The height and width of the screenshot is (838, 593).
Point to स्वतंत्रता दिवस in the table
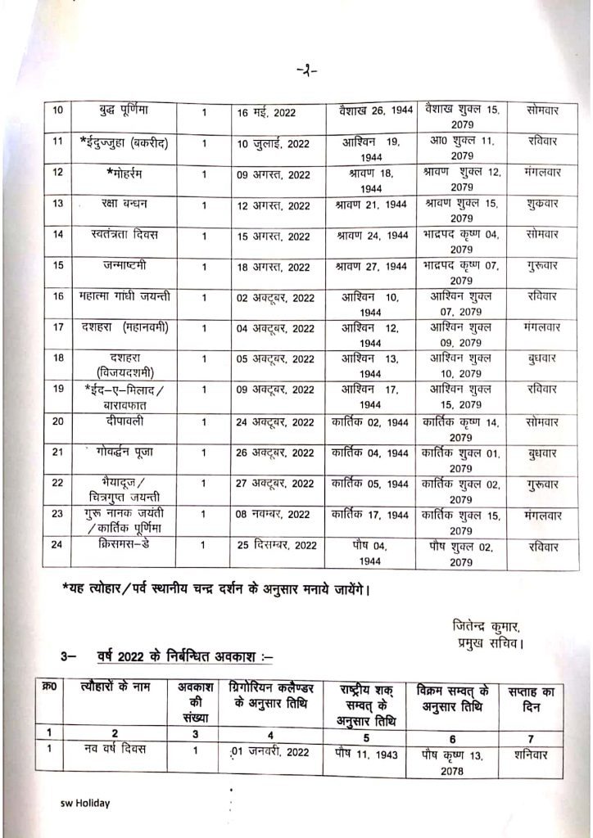point(125,234)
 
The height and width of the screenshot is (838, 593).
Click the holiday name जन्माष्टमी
point(125,265)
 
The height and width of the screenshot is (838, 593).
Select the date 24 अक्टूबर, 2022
point(272,423)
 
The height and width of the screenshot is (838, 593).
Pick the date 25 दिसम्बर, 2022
point(272,547)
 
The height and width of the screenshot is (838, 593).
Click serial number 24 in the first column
point(57,545)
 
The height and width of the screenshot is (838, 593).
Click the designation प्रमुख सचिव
point(488,643)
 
